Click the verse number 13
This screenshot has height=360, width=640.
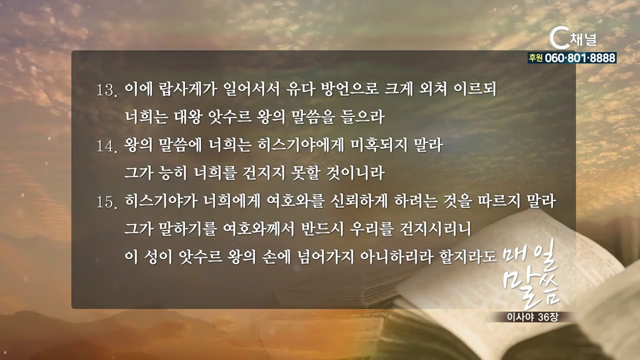pos(107,91)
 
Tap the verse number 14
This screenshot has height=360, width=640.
pos(107,146)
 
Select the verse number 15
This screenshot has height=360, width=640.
pos(107,202)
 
